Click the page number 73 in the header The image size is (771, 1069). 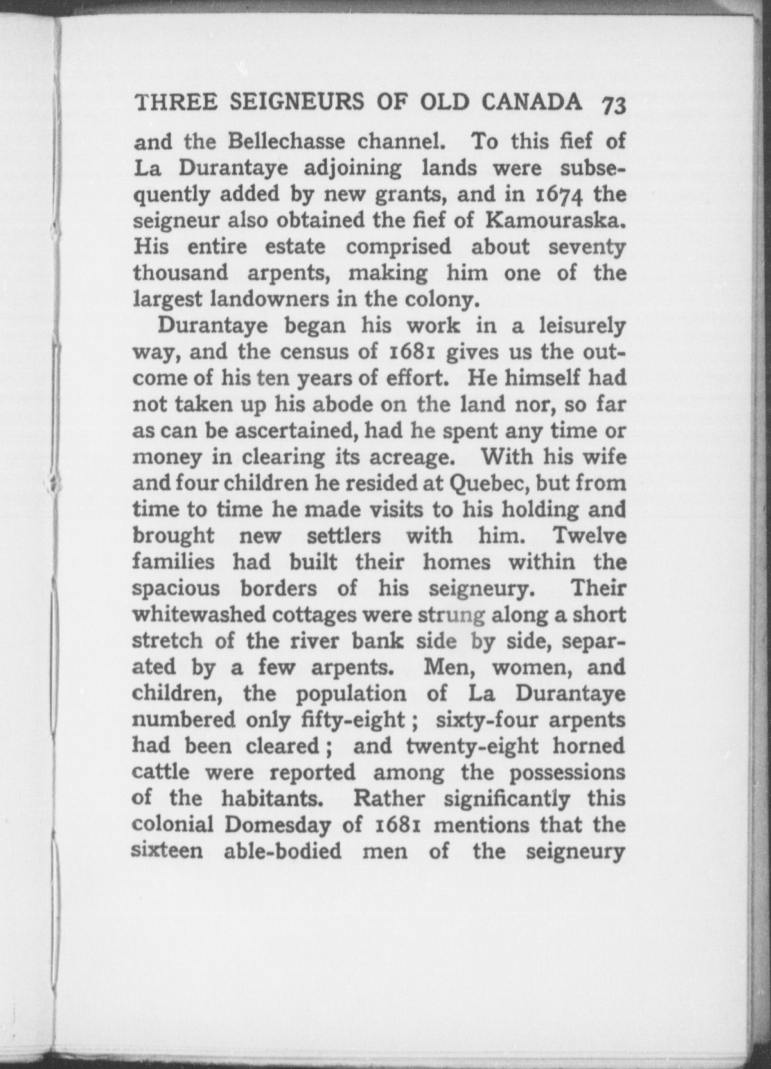click(x=614, y=105)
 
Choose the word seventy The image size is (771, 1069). click(x=587, y=247)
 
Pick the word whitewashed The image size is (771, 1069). click(x=203, y=614)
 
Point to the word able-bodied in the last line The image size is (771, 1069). click(x=282, y=851)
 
